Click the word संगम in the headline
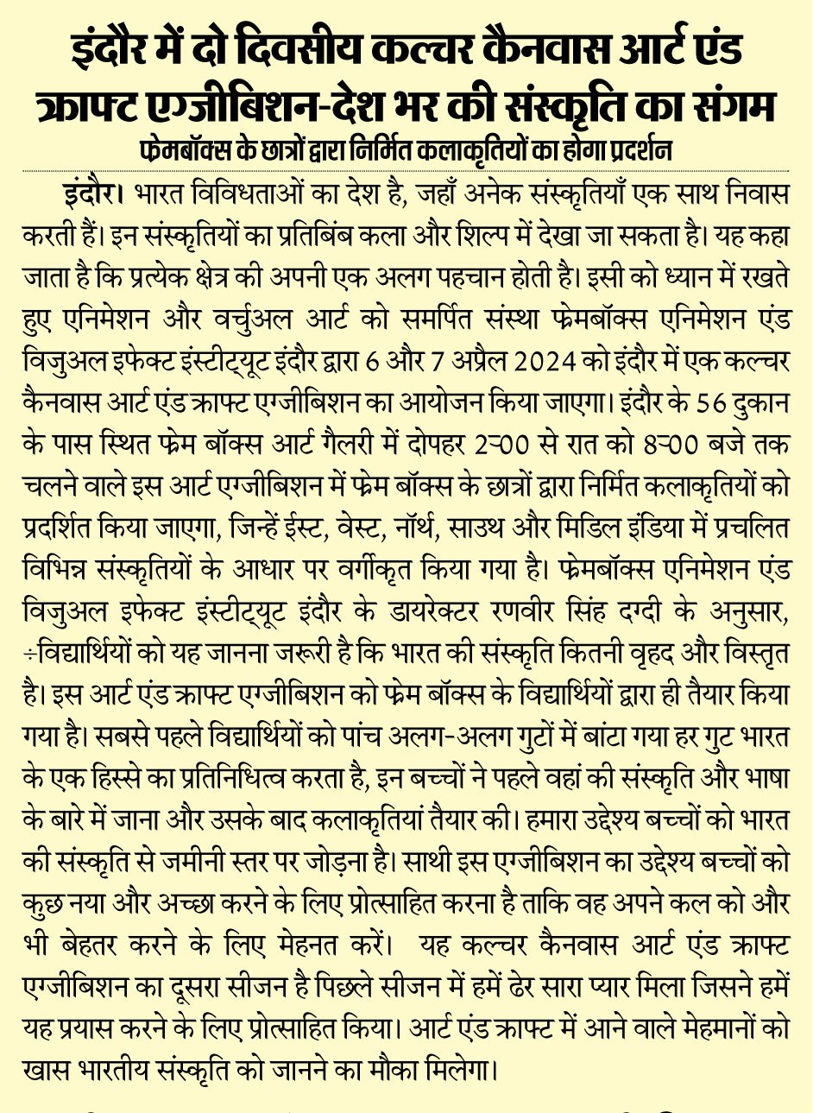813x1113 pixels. [x=731, y=107]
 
